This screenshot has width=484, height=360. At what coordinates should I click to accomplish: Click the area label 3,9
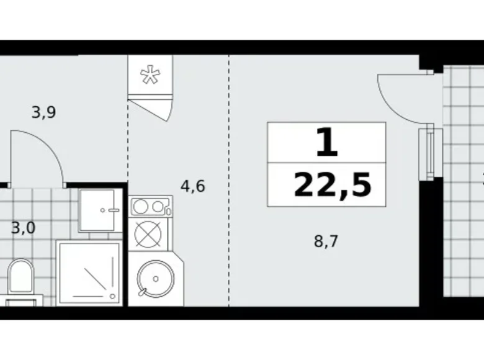tap(44, 112)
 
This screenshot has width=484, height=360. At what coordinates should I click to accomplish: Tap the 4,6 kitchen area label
tap(192, 186)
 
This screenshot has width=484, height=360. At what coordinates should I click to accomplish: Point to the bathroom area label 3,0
tap(23, 227)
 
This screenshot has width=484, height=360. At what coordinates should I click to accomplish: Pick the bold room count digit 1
tap(326, 143)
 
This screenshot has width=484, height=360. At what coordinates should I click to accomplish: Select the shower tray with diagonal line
tap(88, 273)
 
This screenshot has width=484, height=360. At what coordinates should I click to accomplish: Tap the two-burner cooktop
tap(150, 205)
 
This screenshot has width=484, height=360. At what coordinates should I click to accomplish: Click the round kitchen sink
tap(150, 279)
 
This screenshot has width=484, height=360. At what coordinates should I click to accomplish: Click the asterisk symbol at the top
tap(150, 75)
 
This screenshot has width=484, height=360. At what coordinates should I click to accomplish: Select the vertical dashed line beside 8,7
tap(229, 186)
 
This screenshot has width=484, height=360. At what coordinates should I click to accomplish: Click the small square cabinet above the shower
tap(99, 210)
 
